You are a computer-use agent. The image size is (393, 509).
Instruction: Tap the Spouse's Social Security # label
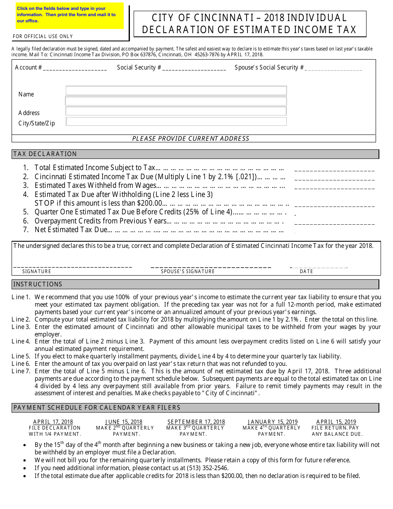click(269, 67)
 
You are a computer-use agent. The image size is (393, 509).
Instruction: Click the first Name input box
click(176, 91)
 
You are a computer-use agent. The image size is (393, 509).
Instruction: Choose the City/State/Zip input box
click(176, 121)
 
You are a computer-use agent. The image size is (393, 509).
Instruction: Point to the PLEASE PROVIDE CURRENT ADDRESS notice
click(191, 139)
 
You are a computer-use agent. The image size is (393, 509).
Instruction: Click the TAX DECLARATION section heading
click(45, 154)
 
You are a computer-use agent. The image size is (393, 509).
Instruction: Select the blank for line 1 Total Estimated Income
click(334, 169)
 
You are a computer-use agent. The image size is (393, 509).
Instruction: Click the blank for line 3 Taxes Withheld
click(334, 187)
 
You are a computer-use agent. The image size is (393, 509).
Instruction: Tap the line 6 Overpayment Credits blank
click(334, 223)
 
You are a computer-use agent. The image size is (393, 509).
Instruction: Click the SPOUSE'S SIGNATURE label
click(188, 271)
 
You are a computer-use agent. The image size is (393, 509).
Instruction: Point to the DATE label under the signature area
click(307, 271)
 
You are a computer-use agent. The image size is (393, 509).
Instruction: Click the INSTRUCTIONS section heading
click(38, 284)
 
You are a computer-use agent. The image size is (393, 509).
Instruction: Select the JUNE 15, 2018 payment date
click(124, 422)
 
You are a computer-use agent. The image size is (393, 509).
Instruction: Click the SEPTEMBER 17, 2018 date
click(196, 422)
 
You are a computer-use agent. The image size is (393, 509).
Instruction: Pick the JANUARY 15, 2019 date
click(270, 422)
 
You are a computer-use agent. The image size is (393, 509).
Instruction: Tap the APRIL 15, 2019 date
click(336, 422)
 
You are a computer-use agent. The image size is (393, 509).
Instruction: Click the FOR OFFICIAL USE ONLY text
click(43, 36)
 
